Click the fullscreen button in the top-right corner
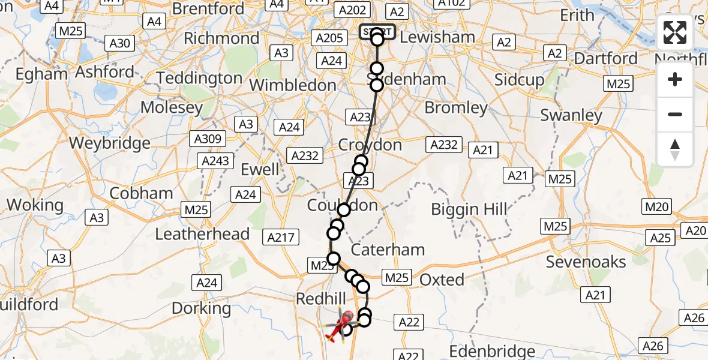tap(675, 32)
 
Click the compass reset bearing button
tap(675, 149)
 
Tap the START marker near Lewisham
tap(377, 32)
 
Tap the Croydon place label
tap(370, 145)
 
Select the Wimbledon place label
tap(292, 85)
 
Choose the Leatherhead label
tap(202, 233)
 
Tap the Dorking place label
tap(201, 308)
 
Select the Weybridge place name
tap(110, 143)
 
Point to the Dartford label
tap(606, 58)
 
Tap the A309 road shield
tap(208, 139)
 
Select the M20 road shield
tap(656, 208)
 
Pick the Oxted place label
tap(442, 279)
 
